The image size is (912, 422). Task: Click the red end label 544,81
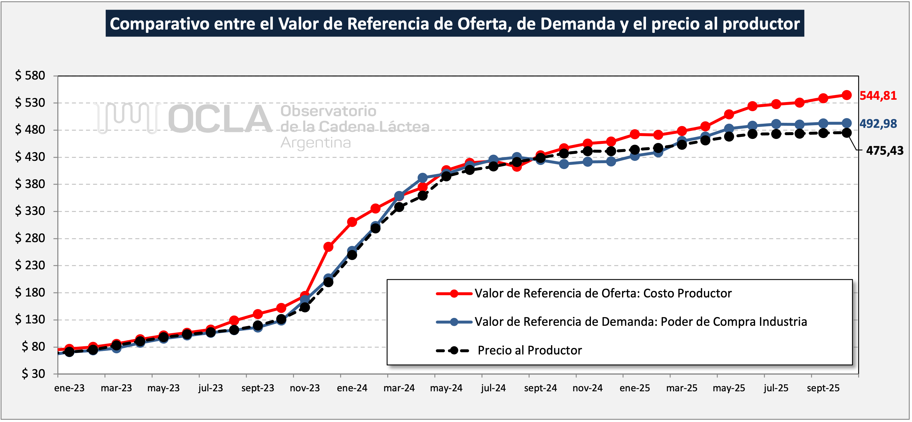pos(878,96)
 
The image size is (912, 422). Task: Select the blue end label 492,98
pos(878,124)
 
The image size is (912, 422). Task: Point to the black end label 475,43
pos(884,151)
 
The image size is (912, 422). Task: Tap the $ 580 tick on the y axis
pos(30,76)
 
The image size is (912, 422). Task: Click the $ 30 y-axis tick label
pos(33,373)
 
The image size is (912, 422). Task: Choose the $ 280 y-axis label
pos(30,238)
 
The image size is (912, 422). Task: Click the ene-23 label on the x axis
pos(69,388)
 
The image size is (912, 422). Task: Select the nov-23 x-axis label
pos(305,388)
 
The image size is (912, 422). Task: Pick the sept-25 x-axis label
pos(823,388)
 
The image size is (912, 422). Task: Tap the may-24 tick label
pos(446,388)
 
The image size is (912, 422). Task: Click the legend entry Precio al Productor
pos(530,350)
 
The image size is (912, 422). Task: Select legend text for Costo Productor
pos(603,293)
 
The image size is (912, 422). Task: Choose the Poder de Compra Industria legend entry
pos(641,321)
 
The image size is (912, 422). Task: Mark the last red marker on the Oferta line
pos(846,95)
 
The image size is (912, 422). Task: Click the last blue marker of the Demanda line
pos(846,123)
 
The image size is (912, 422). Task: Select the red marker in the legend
pos(454,293)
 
